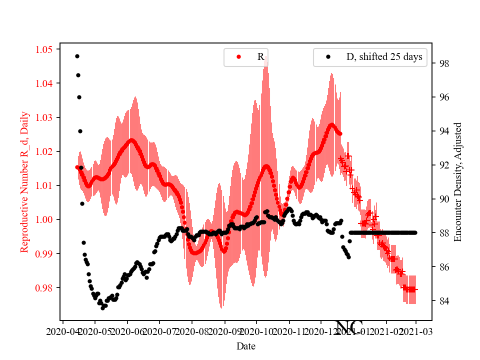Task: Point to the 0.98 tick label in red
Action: [44, 288]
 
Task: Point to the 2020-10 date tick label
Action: [256, 331]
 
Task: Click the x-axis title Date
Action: [246, 346]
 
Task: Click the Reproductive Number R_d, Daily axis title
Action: [24, 181]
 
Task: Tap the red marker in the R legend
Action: [238, 57]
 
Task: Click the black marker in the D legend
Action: [328, 57]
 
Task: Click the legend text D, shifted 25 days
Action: [384, 57]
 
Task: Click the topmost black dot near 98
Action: [77, 56]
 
